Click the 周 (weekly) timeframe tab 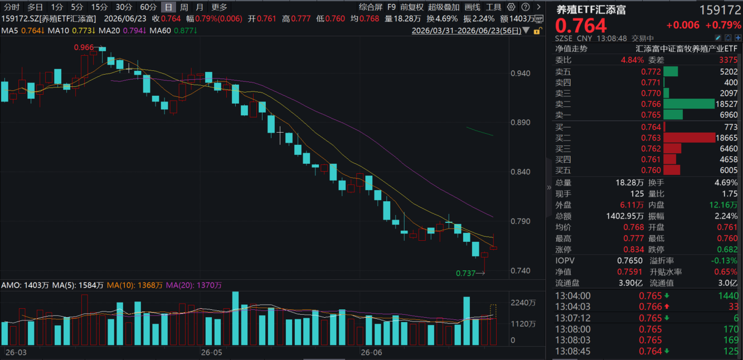(x=184, y=7)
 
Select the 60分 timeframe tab (x=148, y=7)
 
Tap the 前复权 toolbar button (x=412, y=7)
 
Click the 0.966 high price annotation (x=84, y=47)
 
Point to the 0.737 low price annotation (x=466, y=273)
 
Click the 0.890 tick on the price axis (x=521, y=122)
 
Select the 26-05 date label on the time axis (x=211, y=352)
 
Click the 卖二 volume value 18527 (x=726, y=104)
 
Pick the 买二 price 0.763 (x=651, y=138)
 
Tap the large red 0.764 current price (x=581, y=26)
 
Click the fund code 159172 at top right (x=720, y=10)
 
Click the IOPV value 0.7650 (x=630, y=261)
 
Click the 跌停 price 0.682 (x=727, y=249)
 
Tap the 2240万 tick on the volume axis (x=523, y=303)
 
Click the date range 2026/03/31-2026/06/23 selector (x=467, y=31)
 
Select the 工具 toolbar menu (x=493, y=7)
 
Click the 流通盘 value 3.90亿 (x=630, y=283)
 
